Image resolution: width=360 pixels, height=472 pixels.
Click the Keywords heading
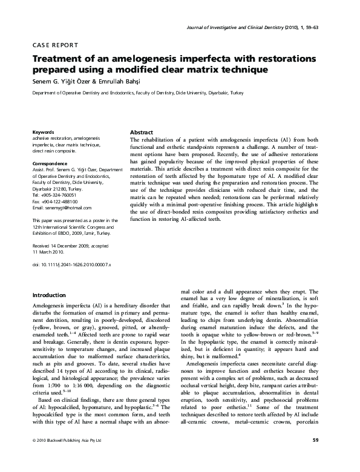pyautogui.click(x=44, y=132)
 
